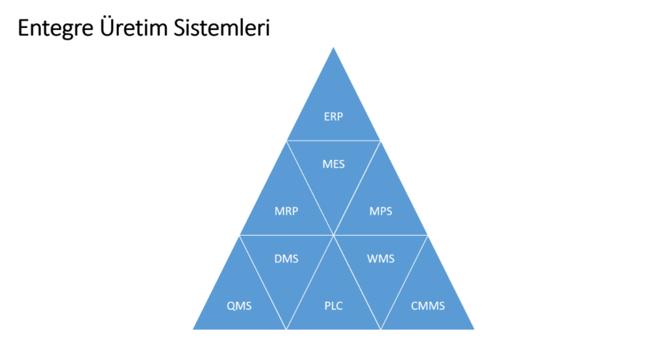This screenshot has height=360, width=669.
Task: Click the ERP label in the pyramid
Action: tap(333, 117)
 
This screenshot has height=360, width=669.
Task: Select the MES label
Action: tap(333, 164)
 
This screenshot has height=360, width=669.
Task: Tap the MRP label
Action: tap(286, 211)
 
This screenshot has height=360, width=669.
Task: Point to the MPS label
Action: tap(381, 211)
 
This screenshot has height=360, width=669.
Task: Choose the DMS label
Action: tap(286, 259)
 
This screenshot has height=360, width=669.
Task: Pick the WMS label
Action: tap(381, 259)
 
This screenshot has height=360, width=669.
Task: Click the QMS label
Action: tap(239, 305)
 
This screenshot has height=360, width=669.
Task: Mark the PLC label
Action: tap(333, 305)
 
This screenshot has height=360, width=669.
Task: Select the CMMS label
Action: tap(428, 305)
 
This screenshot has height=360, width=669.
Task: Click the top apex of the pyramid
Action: tap(333, 48)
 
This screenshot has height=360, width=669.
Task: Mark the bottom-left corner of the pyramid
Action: tap(194, 329)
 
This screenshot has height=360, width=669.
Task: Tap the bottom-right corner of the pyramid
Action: tap(473, 329)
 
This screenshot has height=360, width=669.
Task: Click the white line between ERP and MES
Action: tap(333, 140)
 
